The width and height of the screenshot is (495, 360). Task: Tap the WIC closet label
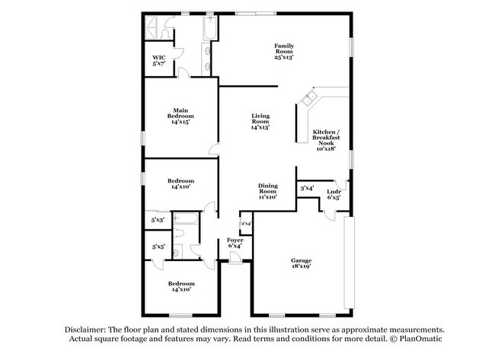click(158, 57)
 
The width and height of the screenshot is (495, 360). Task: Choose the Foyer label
click(235, 240)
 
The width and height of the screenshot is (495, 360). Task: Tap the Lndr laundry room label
click(334, 191)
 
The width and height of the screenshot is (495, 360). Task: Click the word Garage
click(300, 261)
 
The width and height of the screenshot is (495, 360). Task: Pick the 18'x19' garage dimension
click(300, 267)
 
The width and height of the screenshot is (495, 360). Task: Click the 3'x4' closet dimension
click(307, 187)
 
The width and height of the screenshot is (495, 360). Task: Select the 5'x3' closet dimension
click(158, 219)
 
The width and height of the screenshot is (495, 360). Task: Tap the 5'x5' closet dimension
click(158, 247)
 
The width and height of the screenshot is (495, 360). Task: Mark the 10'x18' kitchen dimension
click(325, 148)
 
